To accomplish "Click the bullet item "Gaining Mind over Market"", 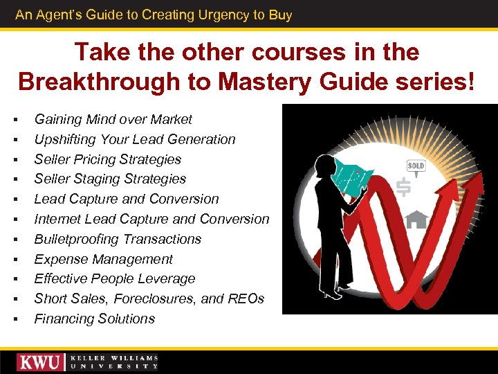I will [x=113, y=119].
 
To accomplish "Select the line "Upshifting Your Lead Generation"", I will [x=135, y=139].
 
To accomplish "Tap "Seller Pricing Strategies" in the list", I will [x=107, y=159].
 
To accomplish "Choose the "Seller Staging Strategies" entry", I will [x=110, y=179].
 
